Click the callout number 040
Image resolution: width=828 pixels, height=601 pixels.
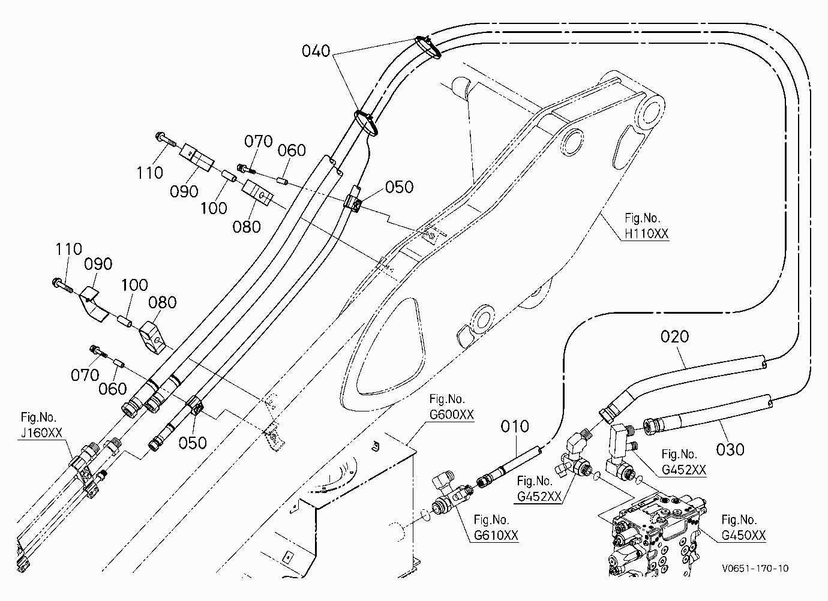316,51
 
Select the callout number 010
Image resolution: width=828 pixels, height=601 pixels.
515,426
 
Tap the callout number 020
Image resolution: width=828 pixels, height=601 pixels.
674,336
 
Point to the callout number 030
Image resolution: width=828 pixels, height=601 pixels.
730,450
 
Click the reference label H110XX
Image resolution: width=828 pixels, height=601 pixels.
647,233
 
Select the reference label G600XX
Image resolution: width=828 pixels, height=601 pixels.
451,414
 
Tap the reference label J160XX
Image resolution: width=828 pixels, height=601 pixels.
41,433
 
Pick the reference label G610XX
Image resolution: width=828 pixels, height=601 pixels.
496,535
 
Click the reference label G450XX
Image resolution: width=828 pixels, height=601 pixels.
743,535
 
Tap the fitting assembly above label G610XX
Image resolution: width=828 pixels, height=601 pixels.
453,496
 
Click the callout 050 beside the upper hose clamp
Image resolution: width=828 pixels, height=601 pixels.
399,187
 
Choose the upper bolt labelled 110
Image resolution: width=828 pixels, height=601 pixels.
166,139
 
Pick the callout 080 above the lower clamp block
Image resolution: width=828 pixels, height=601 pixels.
162,303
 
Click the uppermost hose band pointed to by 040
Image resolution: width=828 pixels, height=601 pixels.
428,47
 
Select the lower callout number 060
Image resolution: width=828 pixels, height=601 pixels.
113,389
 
